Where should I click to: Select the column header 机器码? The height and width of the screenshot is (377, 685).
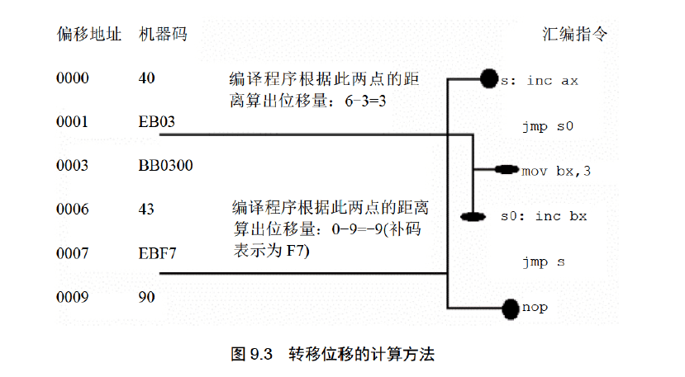click(x=163, y=35)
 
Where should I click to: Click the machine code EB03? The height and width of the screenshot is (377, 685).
click(x=157, y=123)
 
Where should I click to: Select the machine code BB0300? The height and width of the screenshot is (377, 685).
click(x=165, y=166)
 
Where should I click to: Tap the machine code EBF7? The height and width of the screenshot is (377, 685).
click(x=157, y=252)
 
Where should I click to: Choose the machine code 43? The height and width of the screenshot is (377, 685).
click(x=146, y=210)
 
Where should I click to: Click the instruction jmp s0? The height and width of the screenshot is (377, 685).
click(x=547, y=126)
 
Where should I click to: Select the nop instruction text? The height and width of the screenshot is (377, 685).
click(x=535, y=308)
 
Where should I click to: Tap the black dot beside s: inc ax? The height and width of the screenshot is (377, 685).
click(x=488, y=79)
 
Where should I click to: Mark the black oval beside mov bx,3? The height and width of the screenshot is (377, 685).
click(x=506, y=170)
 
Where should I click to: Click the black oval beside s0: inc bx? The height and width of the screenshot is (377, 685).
click(x=471, y=218)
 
